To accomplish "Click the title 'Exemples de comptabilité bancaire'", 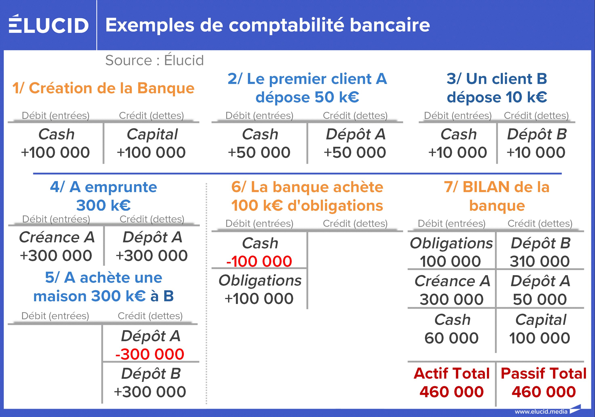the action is pos(268,25).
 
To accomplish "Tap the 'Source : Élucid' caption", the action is pos(155,60).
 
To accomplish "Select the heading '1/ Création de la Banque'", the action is pos(103,88).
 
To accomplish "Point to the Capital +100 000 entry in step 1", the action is pos(152,143).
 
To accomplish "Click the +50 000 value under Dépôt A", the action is pos(355,152).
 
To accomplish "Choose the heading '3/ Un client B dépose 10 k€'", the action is pos(497,88).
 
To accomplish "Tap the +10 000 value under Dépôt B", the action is pos(536,152).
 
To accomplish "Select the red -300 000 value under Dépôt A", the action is pos(150,354).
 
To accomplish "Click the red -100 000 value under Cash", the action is pos(259,261).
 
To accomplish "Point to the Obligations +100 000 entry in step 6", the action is pos(260,289).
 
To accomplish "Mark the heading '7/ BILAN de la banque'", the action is pos(497,196).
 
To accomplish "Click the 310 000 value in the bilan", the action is pos(540,261).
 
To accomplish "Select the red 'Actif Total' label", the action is pos(452,373).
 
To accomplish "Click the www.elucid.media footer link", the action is pos(541,412).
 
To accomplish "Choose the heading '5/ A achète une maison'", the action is pos(103,287).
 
